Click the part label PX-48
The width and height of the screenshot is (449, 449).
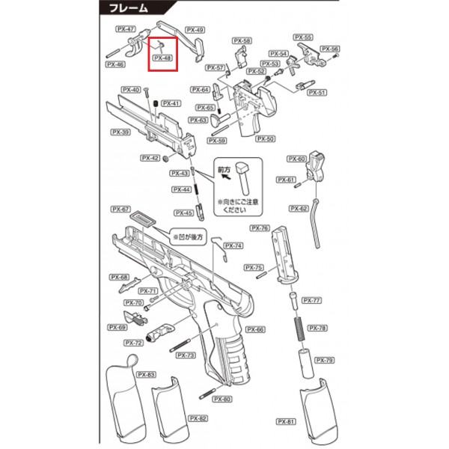coord(162,58)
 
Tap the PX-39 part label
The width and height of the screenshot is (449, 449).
coord(120,132)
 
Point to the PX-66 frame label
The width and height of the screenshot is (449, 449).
coord(256,329)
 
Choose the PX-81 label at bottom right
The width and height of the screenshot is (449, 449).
coord(285,421)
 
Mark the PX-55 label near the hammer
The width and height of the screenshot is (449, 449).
coord(302,37)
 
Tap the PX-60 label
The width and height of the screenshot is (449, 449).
coord(296,159)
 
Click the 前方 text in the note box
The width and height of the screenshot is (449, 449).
coord(224,171)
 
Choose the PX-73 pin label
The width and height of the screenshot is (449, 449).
coord(186,355)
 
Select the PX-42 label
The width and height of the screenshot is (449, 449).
coord(151,158)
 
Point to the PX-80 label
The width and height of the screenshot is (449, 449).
coord(223,399)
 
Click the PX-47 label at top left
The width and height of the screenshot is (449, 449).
coord(126,29)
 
